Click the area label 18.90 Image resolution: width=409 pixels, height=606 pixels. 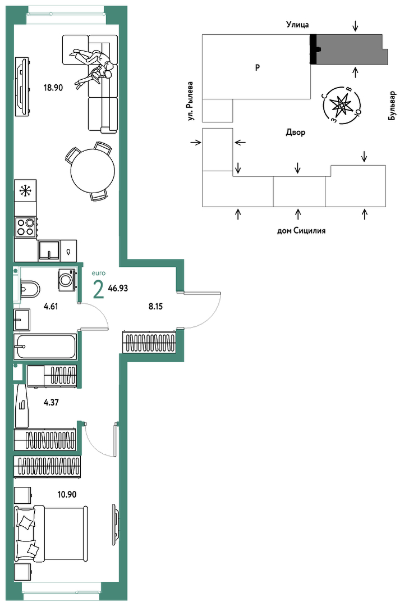53,88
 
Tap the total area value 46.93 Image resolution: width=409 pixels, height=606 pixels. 118,288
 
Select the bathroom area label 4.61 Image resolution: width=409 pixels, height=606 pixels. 51,307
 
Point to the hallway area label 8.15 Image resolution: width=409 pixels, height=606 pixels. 155,307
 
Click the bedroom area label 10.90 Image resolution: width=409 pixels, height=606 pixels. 67,494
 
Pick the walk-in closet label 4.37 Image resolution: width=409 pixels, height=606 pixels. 51,402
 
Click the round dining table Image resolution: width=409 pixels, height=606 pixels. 93,171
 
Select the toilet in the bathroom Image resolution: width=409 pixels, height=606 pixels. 29,288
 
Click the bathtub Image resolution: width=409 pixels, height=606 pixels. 45,347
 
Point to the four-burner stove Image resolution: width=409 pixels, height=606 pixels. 25,227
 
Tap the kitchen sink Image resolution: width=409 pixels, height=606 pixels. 49,250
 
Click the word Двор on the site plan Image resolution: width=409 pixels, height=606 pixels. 296,133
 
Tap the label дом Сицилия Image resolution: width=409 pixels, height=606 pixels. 301,231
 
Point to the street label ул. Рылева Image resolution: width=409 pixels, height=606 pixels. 190,101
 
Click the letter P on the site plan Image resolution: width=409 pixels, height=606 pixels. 258,67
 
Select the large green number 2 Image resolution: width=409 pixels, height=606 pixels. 99,289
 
